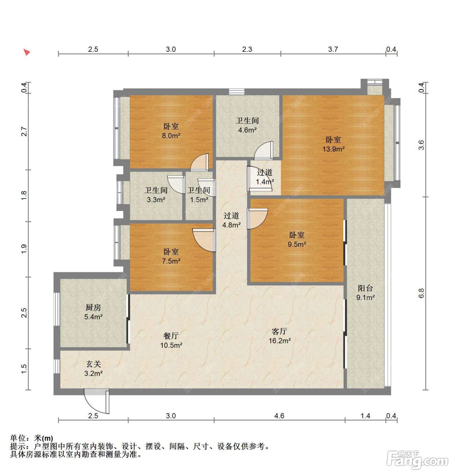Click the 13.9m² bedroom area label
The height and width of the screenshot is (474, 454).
point(333,149)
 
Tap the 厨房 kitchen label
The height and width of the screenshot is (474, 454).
point(93,307)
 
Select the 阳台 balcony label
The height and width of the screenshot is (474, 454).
point(365,288)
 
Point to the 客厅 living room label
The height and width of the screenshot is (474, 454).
point(279,331)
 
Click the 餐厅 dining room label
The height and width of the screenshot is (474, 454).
point(171,336)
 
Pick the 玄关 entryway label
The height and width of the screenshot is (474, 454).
point(93,364)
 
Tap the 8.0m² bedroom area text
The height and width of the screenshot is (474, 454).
point(171,136)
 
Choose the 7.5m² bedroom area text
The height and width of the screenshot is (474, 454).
point(171,261)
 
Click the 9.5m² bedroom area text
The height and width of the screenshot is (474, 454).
point(297,244)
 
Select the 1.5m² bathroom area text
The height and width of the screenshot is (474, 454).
point(199,200)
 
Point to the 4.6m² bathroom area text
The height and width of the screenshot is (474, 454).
point(247,130)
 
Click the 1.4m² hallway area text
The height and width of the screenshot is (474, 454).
point(265,182)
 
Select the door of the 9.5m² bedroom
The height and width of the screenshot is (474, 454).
point(257,218)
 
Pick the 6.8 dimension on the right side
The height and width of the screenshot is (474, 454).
point(421,293)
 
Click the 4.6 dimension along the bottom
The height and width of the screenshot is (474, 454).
point(279,416)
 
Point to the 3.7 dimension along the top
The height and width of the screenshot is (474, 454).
point(333,49)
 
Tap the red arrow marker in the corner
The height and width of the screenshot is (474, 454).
point(26,52)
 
